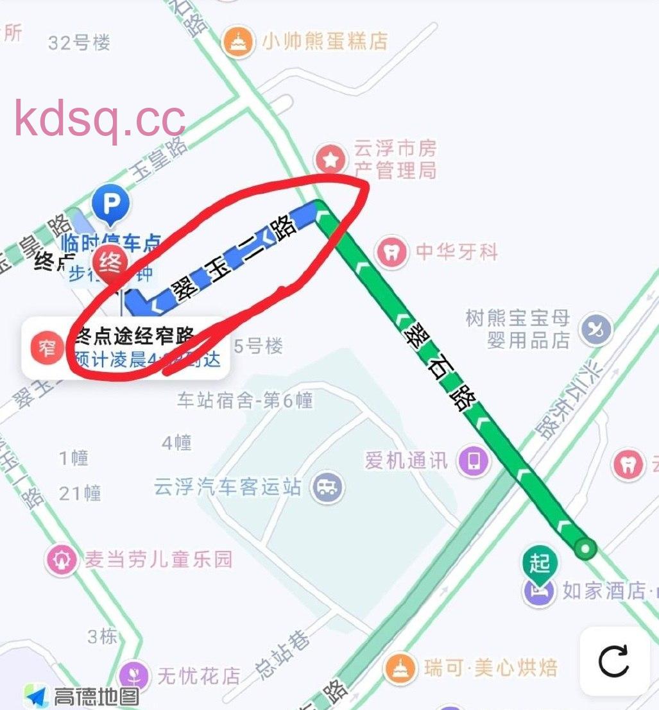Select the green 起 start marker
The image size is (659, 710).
pos(540,564)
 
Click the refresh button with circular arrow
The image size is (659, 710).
pos(613,662)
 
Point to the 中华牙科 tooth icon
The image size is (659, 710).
pos(391,251)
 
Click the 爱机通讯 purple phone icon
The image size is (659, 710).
pos(474,461)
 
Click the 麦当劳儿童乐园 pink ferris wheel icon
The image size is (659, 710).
pos(62,560)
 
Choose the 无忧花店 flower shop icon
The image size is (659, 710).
pos(134,675)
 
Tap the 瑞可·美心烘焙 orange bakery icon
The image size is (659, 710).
pos(400,668)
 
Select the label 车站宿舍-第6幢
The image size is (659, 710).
pos(244,401)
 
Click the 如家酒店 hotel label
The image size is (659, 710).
pos(603,590)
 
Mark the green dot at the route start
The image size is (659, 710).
pos(585,548)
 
